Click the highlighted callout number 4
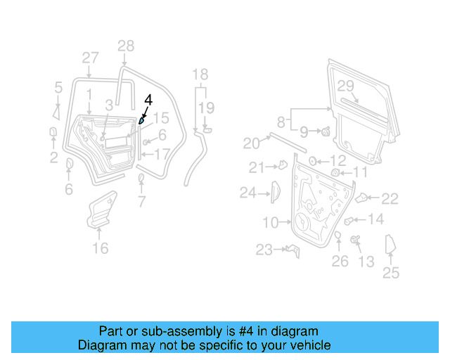[148, 100]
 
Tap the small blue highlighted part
[142, 121]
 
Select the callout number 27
[90, 58]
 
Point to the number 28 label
[125, 46]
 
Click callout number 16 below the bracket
[101, 247]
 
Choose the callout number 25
[390, 274]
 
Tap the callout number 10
[271, 223]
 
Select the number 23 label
[264, 250]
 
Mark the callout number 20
[251, 143]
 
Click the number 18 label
[200, 75]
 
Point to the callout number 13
[366, 262]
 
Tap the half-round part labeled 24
[275, 191]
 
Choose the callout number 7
[141, 203]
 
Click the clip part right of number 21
[282, 166]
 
